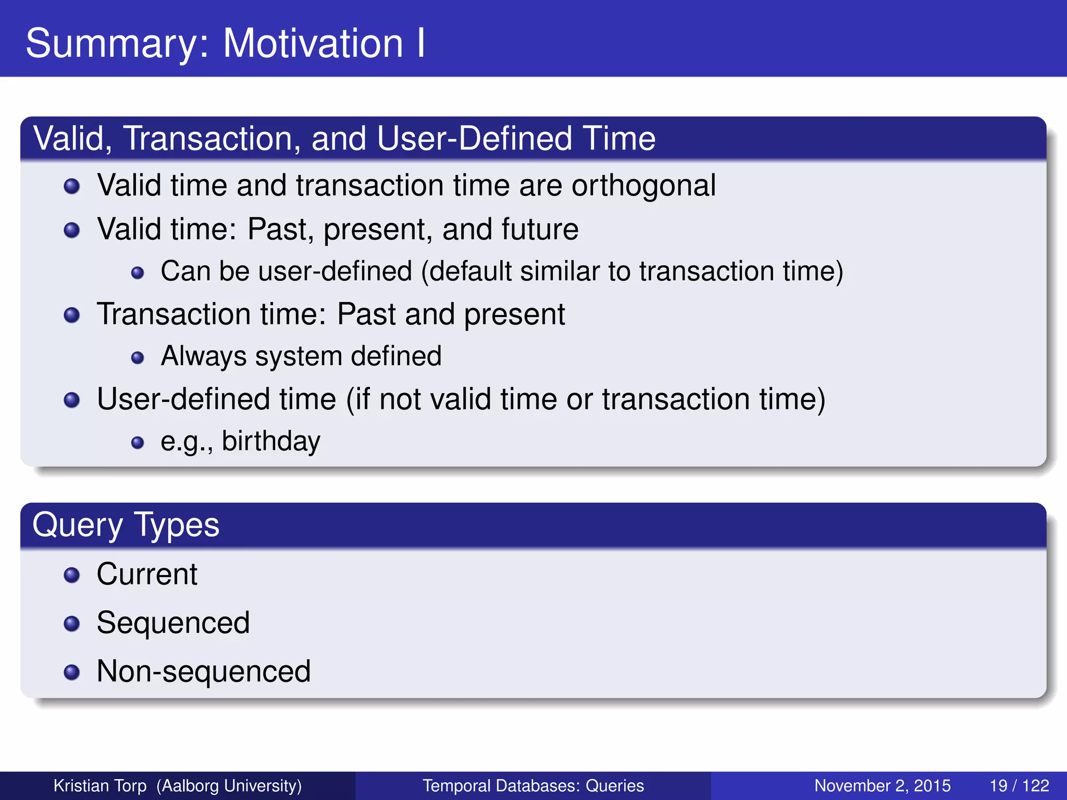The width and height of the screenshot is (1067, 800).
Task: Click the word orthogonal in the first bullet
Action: (643, 185)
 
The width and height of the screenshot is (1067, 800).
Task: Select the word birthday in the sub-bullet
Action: (271, 441)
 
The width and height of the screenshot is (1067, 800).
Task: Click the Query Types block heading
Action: (126, 524)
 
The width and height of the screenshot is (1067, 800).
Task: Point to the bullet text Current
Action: (147, 574)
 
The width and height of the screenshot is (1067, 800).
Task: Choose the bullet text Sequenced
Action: (173, 623)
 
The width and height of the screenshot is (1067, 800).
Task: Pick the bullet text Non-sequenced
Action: (203, 671)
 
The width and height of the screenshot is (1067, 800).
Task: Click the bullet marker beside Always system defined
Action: (138, 357)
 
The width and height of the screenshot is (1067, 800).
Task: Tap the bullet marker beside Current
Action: (71, 575)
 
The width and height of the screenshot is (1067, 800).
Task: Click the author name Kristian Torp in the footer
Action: (100, 785)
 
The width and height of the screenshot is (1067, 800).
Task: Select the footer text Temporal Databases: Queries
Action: (533, 785)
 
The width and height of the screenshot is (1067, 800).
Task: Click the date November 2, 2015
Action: (882, 785)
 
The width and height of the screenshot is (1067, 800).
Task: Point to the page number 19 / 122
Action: (1019, 785)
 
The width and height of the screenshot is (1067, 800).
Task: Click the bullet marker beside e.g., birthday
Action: (138, 443)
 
